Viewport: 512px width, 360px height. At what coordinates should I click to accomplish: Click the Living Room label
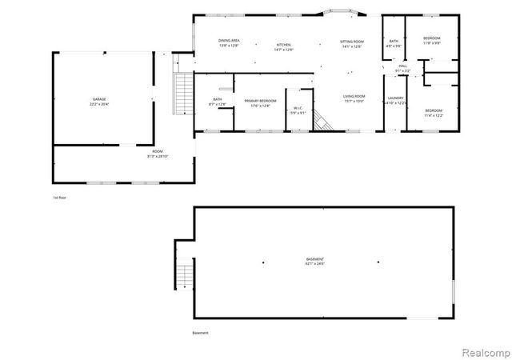click(x=354, y=98)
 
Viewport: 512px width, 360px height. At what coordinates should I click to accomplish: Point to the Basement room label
click(x=315, y=261)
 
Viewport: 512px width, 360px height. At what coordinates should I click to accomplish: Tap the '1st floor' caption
click(x=59, y=197)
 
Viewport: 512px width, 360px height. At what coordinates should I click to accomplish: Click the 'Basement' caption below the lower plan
click(x=200, y=333)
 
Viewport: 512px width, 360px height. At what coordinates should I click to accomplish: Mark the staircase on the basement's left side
click(x=185, y=275)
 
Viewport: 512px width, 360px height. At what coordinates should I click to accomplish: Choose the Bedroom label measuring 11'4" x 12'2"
click(x=433, y=112)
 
